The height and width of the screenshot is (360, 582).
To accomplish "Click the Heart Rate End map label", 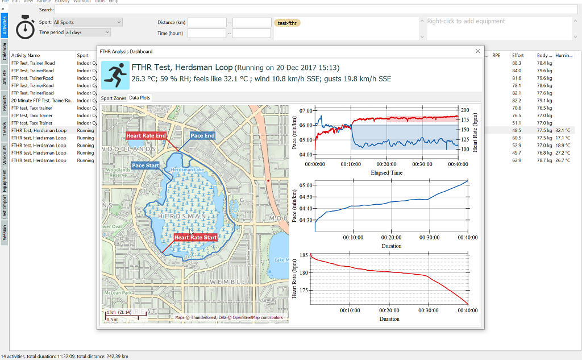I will (x=146, y=136).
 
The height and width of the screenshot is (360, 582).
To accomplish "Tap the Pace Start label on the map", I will (x=145, y=165).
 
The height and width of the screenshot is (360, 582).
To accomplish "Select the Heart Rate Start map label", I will (x=196, y=237).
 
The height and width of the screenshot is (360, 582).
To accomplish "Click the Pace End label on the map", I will (x=202, y=136).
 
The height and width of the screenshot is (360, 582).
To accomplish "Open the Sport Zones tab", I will (x=114, y=98).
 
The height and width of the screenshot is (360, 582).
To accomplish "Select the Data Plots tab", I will (x=140, y=98).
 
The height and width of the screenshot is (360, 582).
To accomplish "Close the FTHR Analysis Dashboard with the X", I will (x=477, y=51).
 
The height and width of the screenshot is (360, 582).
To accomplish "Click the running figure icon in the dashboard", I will (x=115, y=75).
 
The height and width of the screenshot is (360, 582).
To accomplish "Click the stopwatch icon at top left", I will (x=25, y=27).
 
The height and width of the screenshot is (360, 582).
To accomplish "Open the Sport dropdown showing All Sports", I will (x=88, y=22).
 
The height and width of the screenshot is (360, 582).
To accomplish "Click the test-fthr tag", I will (x=287, y=23).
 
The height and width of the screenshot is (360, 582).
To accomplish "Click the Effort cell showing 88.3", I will (x=516, y=63).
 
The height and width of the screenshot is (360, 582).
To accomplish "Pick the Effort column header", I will (x=518, y=55).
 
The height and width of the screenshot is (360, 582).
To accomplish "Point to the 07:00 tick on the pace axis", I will (x=306, y=110).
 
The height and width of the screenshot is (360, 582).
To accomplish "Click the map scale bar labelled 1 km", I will (x=119, y=313).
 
